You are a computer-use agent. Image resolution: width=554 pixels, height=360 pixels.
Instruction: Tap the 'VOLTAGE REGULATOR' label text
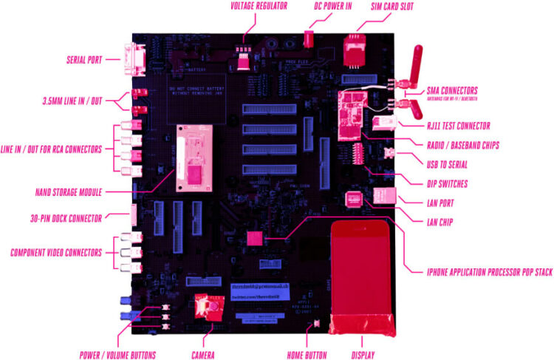point(249,6)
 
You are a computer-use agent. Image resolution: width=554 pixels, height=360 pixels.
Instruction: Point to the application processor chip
point(254,237)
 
